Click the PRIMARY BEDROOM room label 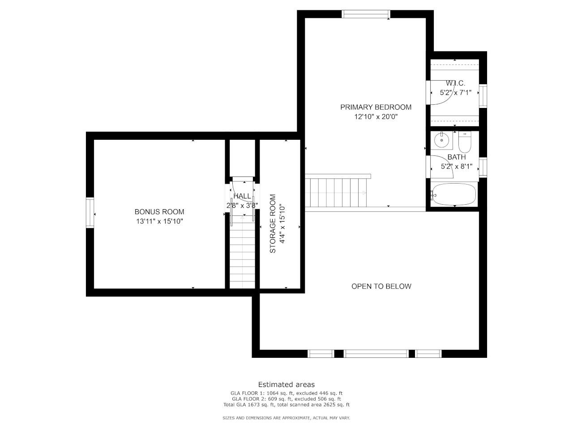(x=376, y=107)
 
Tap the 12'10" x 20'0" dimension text (x=376, y=117)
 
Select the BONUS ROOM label (x=159, y=212)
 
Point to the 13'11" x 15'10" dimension (x=159, y=221)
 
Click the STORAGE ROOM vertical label (x=273, y=224)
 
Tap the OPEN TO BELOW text (x=381, y=286)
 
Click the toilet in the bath (x=465, y=142)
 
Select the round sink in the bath (x=441, y=140)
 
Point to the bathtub (x=454, y=194)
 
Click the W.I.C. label (x=456, y=83)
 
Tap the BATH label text (x=457, y=157)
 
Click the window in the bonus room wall (x=90, y=213)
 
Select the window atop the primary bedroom (x=366, y=14)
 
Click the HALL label (x=242, y=196)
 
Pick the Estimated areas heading (x=286, y=385)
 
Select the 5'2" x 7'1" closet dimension (x=456, y=93)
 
